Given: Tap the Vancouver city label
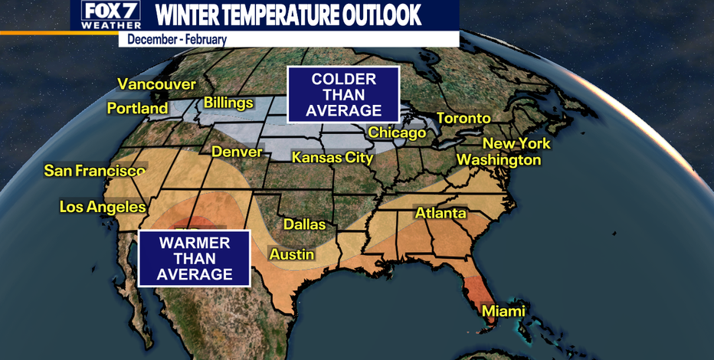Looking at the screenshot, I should click(156, 84).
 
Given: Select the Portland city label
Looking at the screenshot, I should click(137, 109).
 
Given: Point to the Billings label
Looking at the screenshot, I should click(228, 103).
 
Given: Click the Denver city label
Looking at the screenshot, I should click(237, 152).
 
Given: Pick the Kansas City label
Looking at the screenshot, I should click(332, 158).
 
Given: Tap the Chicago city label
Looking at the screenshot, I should click(397, 133).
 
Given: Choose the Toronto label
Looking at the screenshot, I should click(463, 118).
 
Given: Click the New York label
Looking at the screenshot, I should click(516, 143).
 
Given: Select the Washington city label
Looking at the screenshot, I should click(499, 160).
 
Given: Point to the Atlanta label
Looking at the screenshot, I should click(441, 213).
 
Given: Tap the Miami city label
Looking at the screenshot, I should click(503, 311).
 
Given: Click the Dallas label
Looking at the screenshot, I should click(304, 224).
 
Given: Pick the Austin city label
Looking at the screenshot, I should click(292, 254).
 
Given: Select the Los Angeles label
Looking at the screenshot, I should click(103, 207).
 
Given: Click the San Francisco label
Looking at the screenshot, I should click(94, 170).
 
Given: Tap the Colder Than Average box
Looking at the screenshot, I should click(343, 95).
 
